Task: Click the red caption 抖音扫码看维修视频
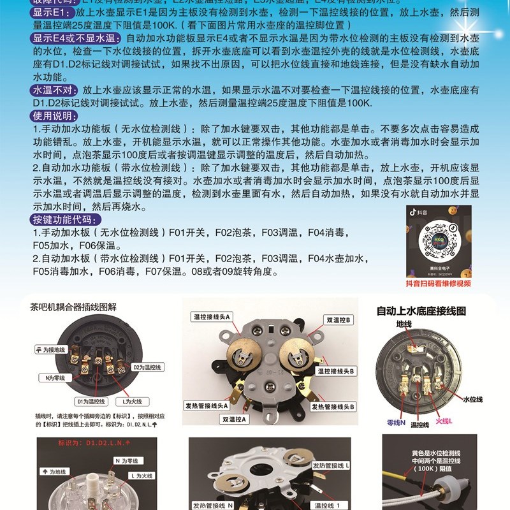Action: click(439, 284)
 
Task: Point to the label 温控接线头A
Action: click(212, 317)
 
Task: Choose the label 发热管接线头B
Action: click(333, 406)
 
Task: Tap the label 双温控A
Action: click(234, 419)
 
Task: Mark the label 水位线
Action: click(472, 399)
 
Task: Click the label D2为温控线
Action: click(149, 367)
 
